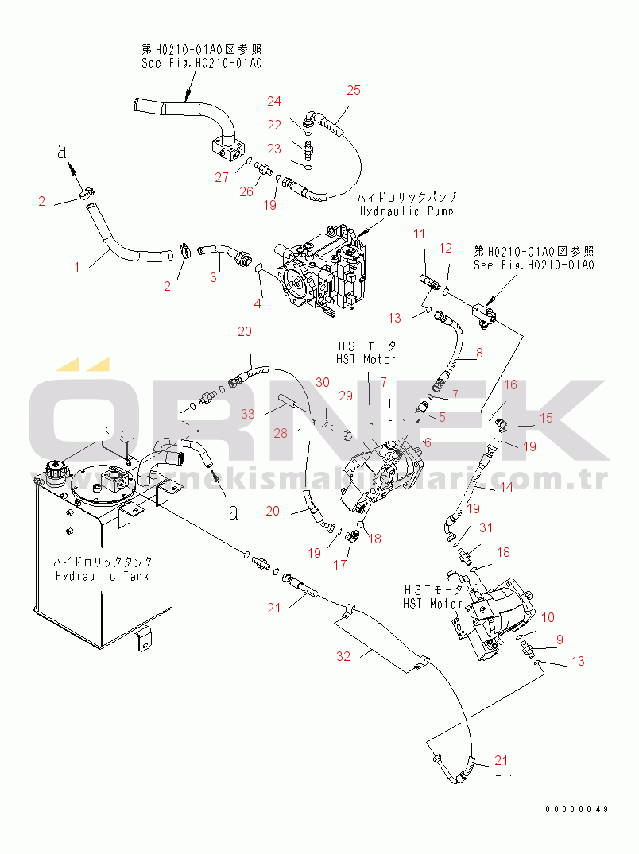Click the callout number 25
click(354, 90)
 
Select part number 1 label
click(77, 268)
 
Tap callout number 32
click(343, 655)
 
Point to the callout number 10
click(548, 617)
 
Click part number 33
click(249, 413)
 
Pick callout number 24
click(274, 101)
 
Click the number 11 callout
click(419, 234)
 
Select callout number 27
click(221, 177)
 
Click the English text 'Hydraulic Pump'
click(406, 211)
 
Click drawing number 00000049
click(576, 809)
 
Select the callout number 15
click(546, 418)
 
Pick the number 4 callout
click(257, 303)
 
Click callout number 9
click(560, 639)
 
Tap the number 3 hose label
click(213, 277)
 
